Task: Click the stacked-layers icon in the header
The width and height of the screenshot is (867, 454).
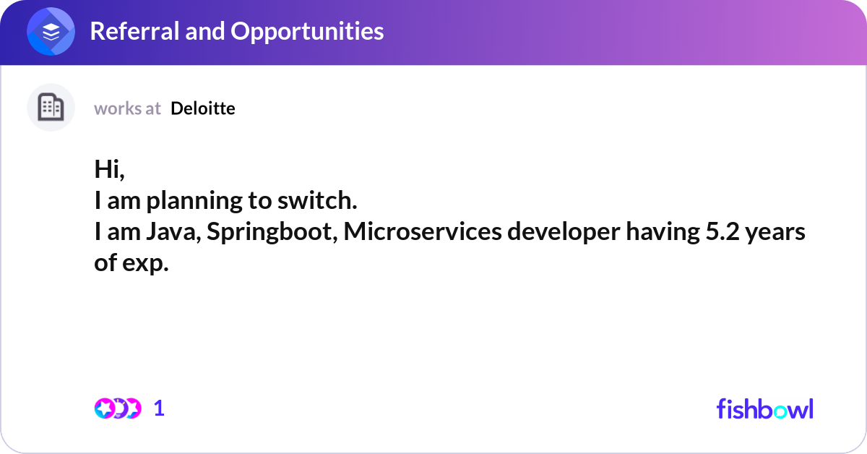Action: point(51,32)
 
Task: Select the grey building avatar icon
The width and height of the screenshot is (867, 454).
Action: point(51,108)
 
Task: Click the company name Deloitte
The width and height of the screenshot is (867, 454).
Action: point(203,108)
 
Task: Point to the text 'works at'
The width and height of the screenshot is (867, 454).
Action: point(127,108)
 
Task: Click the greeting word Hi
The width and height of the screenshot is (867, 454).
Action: point(109,170)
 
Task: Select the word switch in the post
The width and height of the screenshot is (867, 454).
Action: point(324,201)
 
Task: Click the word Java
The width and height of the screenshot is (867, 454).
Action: point(167,232)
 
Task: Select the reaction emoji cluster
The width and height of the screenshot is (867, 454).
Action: point(117,408)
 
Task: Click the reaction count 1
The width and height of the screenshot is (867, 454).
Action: point(159,408)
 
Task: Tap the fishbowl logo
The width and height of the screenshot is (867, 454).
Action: point(764,408)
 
